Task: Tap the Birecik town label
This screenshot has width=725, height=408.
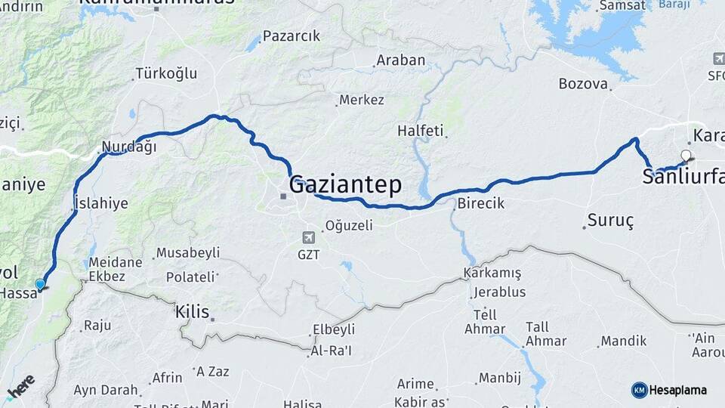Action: (481, 203)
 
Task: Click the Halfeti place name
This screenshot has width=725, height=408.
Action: (420, 131)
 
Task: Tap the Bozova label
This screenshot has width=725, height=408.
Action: (583, 84)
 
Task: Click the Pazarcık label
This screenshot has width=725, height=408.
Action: (292, 36)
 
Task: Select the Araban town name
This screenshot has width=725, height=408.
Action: (400, 60)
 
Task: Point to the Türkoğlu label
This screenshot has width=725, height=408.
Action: (165, 73)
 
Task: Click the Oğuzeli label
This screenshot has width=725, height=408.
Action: (349, 225)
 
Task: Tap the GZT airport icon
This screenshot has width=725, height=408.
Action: (308, 237)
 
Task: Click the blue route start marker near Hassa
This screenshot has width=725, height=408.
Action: (40, 284)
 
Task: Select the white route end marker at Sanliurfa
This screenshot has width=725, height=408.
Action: (686, 156)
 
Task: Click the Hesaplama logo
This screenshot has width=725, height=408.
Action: (669, 390)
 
